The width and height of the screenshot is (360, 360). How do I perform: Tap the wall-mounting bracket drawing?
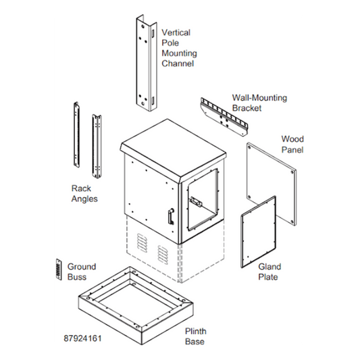point(224,117)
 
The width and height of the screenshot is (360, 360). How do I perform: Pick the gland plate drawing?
point(258,232)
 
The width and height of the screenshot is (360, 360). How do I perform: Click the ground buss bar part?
point(59,269)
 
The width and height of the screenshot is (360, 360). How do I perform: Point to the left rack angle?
point(76,134)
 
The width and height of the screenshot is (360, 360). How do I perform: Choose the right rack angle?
point(97,147)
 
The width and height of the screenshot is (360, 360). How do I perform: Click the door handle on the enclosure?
point(171,216)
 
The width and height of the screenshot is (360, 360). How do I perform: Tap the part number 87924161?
point(82,338)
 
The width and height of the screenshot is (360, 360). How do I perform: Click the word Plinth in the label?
point(196,331)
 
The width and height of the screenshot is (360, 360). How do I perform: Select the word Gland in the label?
point(269,267)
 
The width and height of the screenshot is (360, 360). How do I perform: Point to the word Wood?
point(292,139)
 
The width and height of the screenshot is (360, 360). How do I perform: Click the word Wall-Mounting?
point(259,98)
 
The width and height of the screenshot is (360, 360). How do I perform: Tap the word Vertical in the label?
point(176,32)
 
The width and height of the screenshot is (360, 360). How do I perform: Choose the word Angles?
point(84,199)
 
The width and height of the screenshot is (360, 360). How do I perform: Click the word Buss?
point(77,277)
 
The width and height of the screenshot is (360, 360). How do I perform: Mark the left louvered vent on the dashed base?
point(142,243)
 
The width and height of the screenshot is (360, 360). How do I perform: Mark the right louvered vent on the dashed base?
point(163,255)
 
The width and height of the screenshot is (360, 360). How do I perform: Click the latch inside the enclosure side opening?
point(196,202)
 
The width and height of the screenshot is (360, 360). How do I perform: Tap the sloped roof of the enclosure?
point(172,151)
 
